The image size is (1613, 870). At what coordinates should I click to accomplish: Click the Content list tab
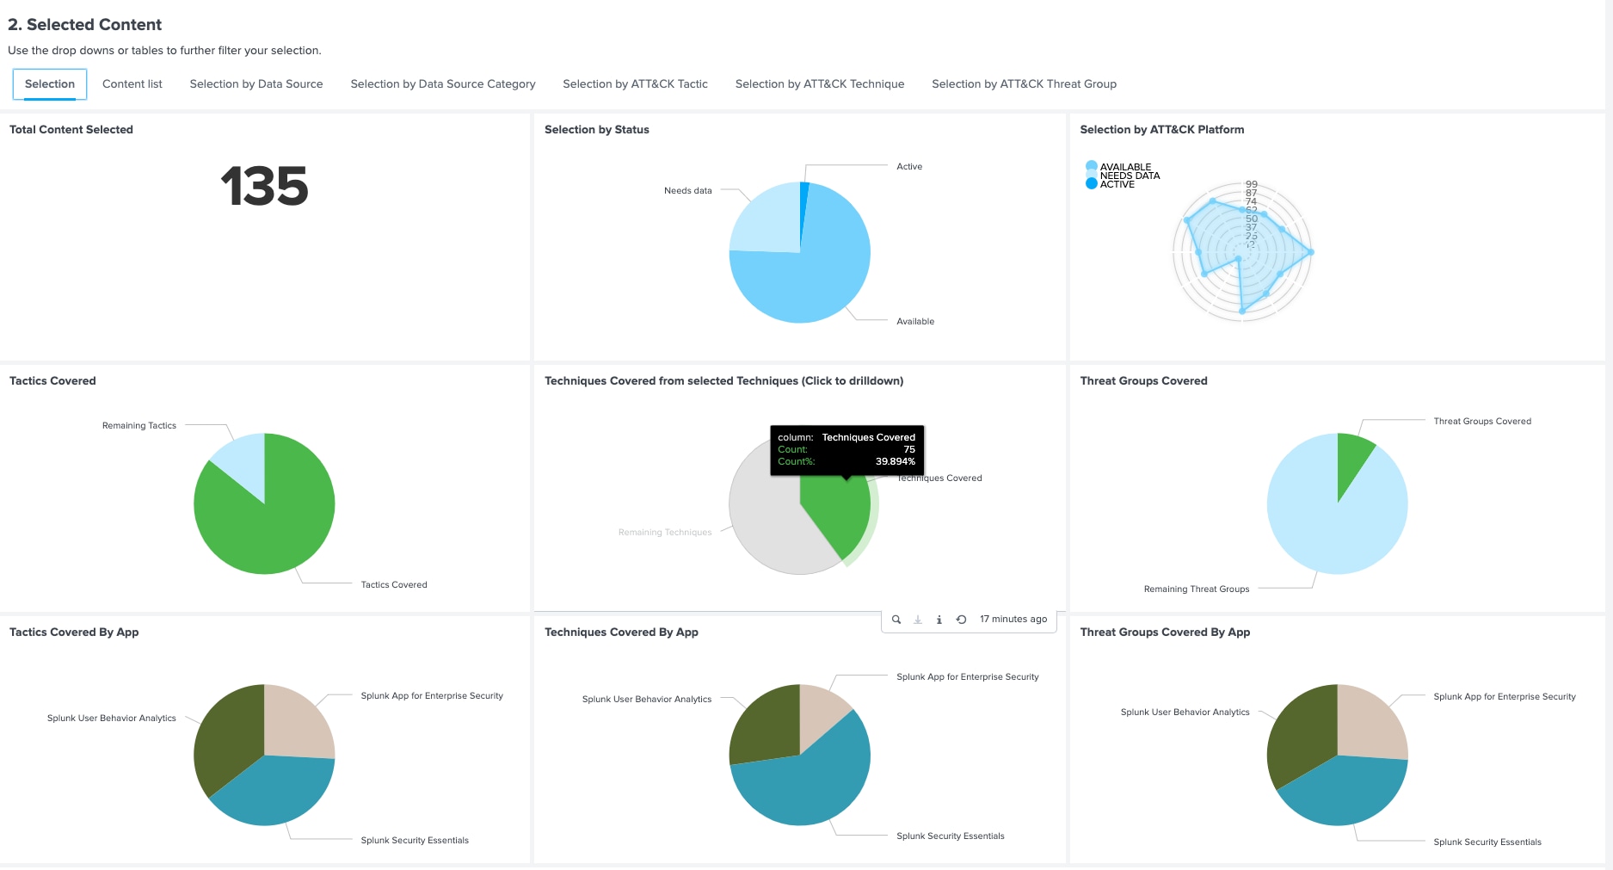pos(132,83)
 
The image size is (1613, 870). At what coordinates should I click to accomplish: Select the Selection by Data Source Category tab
pos(442,83)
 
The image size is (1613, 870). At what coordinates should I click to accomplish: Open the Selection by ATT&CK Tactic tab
pos(635,83)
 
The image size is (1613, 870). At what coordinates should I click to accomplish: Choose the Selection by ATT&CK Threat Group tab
pos(1024,83)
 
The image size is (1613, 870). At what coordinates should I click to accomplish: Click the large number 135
pos(264,186)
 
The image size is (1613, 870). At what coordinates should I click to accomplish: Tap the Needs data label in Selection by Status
pos(687,191)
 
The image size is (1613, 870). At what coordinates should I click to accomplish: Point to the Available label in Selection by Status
pos(914,322)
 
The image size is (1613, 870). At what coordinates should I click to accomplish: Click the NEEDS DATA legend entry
pos(1130,176)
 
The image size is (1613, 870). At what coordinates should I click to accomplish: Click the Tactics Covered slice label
pos(393,585)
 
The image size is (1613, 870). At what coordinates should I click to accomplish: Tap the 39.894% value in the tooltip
pos(895,462)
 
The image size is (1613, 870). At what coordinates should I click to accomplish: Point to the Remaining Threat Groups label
pos(1196,589)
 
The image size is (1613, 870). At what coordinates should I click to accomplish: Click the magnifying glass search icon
pos(896,620)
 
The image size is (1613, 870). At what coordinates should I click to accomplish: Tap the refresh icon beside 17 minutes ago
pos(961,620)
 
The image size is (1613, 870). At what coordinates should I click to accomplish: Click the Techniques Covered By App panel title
pos(621,632)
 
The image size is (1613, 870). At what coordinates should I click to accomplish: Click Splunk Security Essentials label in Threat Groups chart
pos(1487,842)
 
